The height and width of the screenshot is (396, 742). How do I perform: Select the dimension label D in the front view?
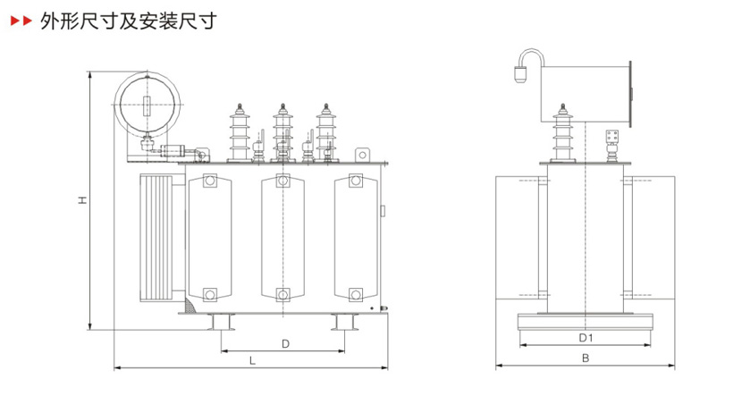(284, 342)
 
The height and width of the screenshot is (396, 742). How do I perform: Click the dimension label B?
(586, 358)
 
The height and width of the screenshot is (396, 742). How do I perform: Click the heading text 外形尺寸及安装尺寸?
(128, 21)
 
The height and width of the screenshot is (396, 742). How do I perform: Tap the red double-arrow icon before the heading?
(19, 21)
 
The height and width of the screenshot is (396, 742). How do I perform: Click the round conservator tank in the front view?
(148, 105)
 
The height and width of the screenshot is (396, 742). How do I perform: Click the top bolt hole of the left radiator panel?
(209, 182)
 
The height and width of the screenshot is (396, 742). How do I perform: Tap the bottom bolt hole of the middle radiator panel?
(282, 293)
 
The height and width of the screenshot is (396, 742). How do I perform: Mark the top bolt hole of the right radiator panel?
(355, 182)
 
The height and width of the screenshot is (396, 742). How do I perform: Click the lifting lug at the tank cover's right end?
(362, 155)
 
